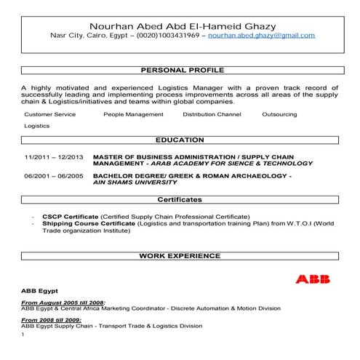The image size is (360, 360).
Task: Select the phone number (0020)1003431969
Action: [169, 35]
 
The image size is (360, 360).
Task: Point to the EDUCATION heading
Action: [180, 140]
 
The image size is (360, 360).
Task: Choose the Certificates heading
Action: [180, 199]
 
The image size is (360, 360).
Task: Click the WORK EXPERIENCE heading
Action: [180, 256]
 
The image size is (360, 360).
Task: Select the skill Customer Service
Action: [49, 114]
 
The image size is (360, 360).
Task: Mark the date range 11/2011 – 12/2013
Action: [54, 157]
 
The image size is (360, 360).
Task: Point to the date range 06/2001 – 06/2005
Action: [54, 177]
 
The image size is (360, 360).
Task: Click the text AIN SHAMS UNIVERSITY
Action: [136, 183]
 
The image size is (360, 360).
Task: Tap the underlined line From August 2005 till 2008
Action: [63, 301]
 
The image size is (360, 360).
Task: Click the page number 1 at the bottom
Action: [24, 335]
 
